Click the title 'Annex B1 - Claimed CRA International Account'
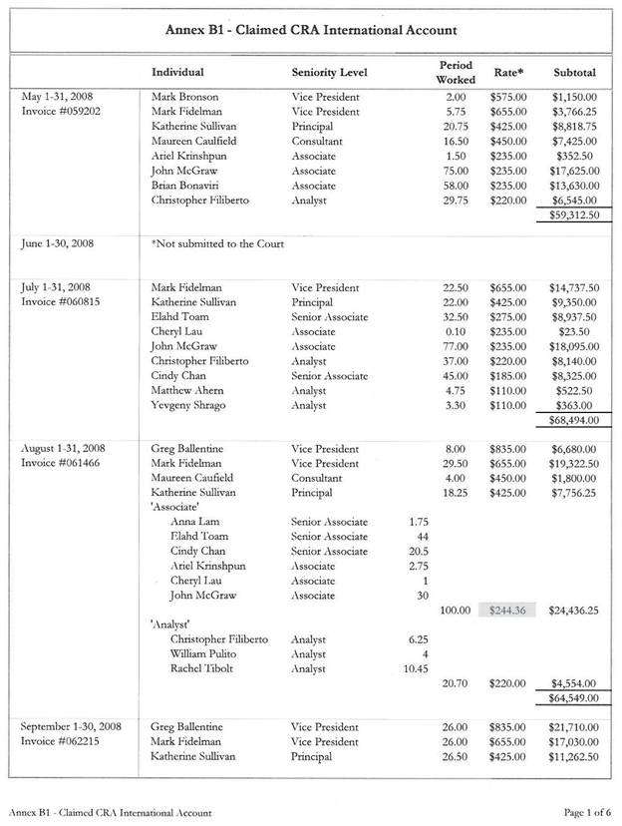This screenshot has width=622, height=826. coord(311,32)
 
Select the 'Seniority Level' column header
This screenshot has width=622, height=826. coord(329,73)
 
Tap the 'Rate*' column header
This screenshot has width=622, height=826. coord(509,73)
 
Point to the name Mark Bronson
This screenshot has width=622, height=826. coord(185,97)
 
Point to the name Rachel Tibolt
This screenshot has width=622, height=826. coord(202,668)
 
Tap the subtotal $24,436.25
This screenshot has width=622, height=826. coord(572,610)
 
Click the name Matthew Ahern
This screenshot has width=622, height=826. coord(189,391)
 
